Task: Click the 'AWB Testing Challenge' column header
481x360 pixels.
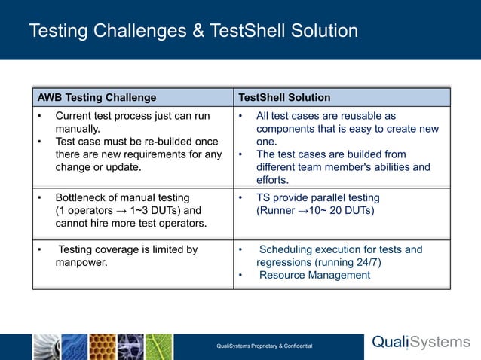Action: [97, 97]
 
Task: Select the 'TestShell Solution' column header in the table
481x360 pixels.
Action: [284, 97]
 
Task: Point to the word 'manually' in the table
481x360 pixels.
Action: [78, 129]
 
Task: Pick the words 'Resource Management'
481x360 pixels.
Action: [314, 275]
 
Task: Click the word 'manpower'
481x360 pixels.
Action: [80, 262]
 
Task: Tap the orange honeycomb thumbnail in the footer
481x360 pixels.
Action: [102, 346]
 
